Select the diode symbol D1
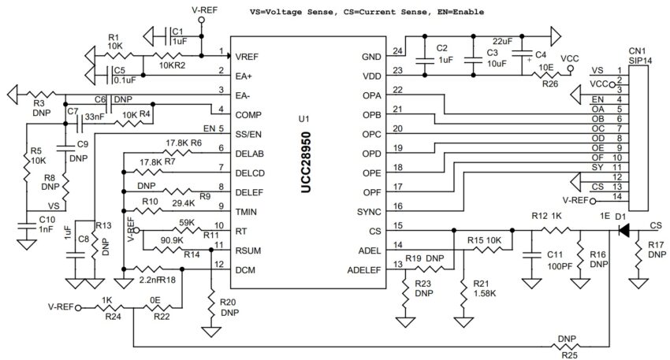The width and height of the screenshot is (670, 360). coord(623,231)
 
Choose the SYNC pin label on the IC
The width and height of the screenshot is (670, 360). coord(370,212)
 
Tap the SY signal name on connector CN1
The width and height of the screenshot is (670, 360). coord(597,167)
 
